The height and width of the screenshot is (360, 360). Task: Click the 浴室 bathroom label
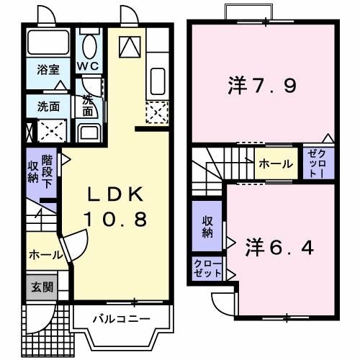[49, 71]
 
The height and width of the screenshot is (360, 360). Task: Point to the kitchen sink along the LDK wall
[158, 79]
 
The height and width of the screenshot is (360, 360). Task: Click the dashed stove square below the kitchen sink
[157, 112]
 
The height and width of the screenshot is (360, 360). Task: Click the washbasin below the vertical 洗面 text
[89, 132]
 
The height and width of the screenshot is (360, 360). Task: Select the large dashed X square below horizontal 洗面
[52, 130]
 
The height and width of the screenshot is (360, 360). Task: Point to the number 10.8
[117, 217]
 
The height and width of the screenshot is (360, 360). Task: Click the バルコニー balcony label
[121, 318]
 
